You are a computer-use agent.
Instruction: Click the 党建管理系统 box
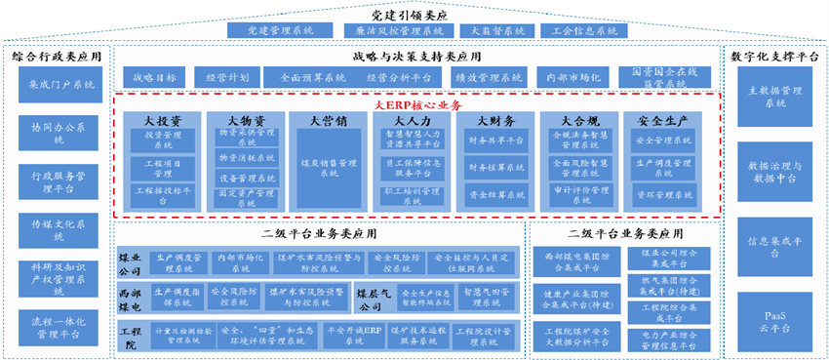coord(271,30)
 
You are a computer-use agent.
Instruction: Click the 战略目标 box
coord(154,76)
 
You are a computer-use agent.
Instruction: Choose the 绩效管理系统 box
coord(476,76)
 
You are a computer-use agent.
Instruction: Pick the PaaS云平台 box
coord(774,320)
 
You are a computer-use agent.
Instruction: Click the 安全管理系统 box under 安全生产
coord(664,140)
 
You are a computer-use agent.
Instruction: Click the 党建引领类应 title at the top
coord(414,13)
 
